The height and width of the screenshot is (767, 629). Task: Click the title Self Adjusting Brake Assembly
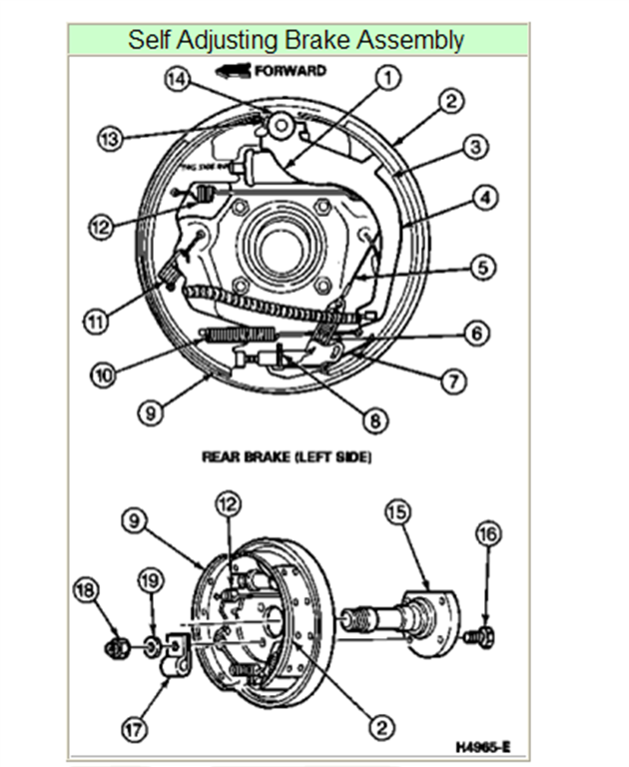point(296,41)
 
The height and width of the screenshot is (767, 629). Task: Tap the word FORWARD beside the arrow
point(291,71)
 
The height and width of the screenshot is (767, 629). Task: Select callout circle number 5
point(484,267)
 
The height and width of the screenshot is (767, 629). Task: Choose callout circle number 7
point(455,381)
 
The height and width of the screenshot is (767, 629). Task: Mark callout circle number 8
point(374,420)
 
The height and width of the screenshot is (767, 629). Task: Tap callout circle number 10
point(103,375)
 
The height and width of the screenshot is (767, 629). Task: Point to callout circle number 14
point(177,82)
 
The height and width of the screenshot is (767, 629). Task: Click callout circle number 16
point(487,534)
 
